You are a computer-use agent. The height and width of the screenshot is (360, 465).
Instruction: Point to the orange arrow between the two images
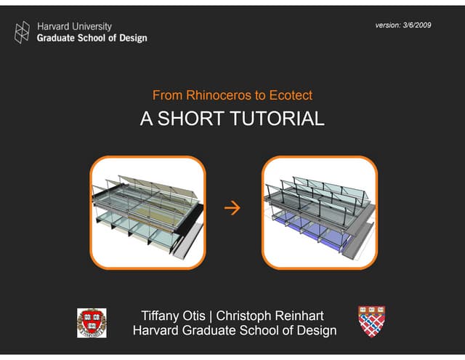point(232,210)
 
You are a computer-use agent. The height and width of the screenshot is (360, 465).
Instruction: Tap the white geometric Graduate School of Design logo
point(23,31)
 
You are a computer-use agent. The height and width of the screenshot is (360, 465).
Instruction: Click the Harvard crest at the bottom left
point(92,323)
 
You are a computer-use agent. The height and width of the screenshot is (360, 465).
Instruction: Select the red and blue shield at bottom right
point(371,321)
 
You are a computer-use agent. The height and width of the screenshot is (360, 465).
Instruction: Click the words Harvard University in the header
point(74,26)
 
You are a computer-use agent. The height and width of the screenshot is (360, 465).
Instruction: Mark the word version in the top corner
point(387,25)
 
